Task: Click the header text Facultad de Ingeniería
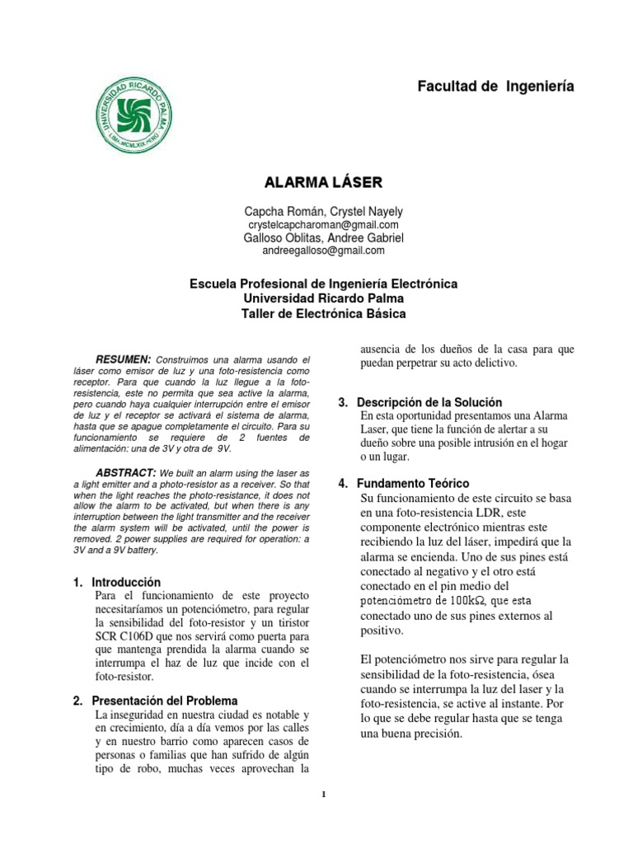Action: coord(495,86)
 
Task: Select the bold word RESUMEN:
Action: coord(124,360)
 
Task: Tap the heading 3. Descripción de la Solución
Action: coord(420,402)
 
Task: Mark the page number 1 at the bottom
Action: coord(324,795)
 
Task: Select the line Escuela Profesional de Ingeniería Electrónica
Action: coord(324,284)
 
